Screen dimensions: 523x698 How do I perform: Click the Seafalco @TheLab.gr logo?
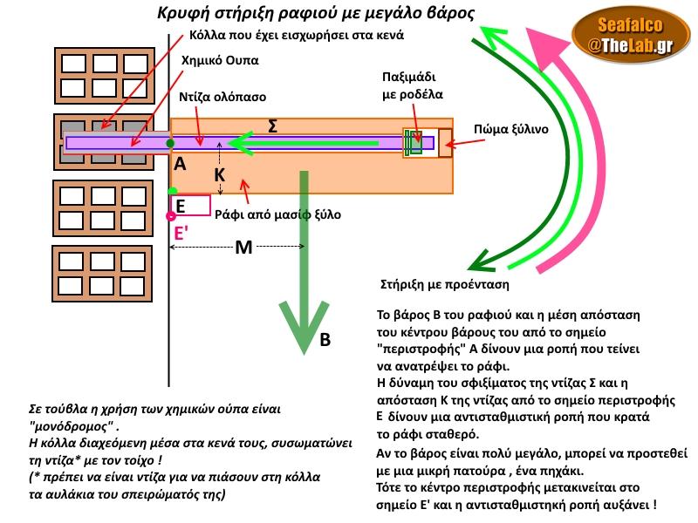(x=628, y=37)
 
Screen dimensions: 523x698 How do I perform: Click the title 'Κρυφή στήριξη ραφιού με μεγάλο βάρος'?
(x=316, y=13)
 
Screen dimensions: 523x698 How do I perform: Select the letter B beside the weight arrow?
(x=325, y=341)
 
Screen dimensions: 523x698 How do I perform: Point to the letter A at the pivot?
(x=179, y=164)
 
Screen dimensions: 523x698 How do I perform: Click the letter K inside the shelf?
(x=220, y=175)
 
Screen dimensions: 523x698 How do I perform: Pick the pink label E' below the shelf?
(x=181, y=233)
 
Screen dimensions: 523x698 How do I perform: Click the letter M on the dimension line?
(x=244, y=248)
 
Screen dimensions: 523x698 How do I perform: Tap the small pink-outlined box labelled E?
(x=190, y=206)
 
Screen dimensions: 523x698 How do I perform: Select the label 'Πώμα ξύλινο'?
(x=510, y=129)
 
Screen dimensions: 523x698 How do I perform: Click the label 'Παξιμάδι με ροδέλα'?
(x=412, y=85)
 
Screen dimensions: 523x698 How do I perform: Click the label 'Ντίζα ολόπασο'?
(x=222, y=97)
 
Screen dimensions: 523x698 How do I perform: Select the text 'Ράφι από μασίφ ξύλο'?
(x=277, y=214)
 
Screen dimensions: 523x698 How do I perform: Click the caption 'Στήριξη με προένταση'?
(x=445, y=284)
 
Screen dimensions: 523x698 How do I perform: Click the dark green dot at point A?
(x=170, y=142)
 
